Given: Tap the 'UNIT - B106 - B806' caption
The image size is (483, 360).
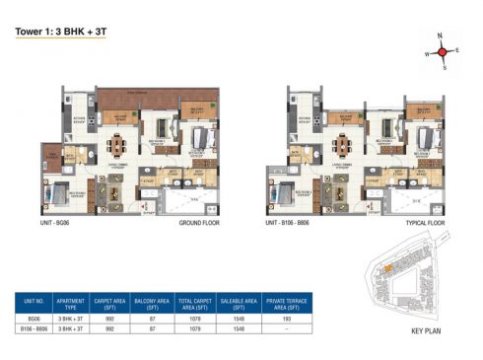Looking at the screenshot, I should (x=293, y=223).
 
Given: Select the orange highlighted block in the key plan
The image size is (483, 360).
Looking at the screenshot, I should (x=387, y=267).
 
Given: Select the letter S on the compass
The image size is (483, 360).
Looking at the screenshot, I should (x=445, y=68).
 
